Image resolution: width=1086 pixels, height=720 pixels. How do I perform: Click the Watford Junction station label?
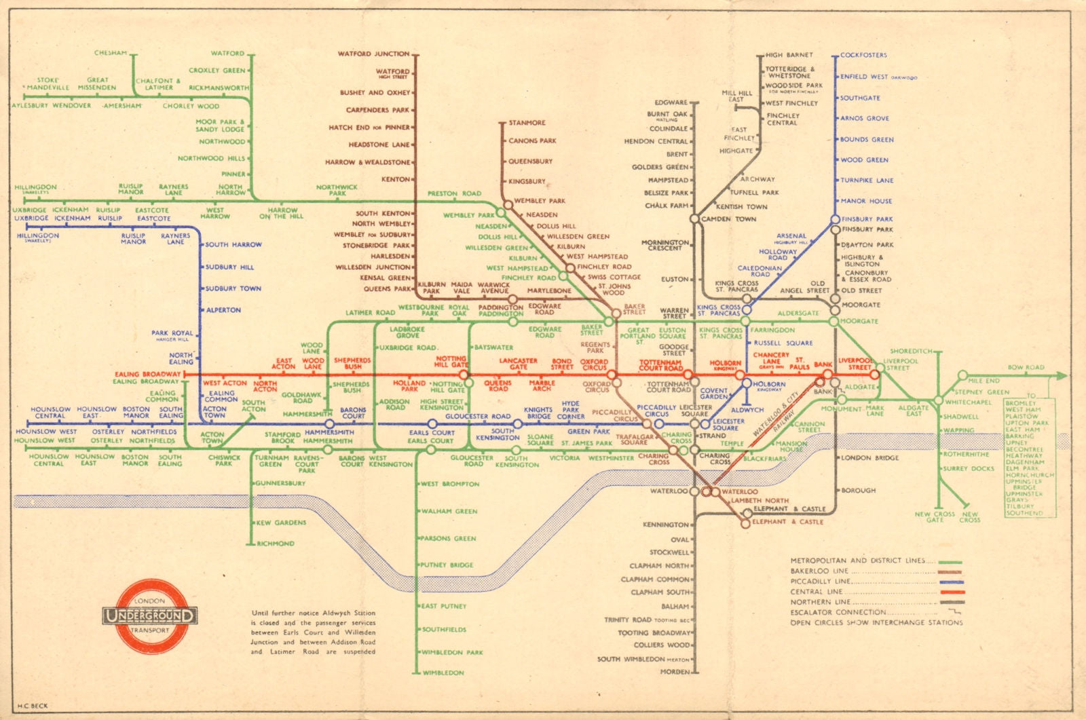(374, 54)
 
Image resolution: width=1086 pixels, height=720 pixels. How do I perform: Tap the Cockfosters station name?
(863, 55)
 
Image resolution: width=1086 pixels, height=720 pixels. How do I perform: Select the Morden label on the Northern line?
(675, 672)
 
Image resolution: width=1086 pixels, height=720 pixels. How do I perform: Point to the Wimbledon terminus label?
(443, 672)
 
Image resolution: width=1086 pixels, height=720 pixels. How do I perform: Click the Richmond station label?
(276, 544)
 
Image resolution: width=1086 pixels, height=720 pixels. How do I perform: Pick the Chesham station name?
(111, 53)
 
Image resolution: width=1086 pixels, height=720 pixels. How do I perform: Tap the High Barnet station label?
(789, 55)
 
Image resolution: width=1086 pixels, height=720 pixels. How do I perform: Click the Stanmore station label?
(527, 123)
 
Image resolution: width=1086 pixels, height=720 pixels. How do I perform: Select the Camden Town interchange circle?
(694, 219)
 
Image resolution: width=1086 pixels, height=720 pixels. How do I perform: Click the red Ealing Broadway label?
(148, 374)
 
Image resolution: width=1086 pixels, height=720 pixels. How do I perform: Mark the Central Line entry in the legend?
(816, 592)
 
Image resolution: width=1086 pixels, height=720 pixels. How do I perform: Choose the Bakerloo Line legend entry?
(819, 571)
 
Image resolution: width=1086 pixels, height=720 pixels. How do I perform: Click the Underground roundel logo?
(150, 615)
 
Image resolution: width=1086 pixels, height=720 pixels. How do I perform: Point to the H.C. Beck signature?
(33, 706)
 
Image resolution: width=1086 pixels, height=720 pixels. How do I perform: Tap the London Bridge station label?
(869, 458)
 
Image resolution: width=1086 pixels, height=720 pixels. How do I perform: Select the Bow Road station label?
(1026, 367)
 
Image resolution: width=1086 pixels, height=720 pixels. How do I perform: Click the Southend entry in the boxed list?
(1024, 513)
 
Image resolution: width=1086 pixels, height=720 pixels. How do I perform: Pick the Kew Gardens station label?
(281, 523)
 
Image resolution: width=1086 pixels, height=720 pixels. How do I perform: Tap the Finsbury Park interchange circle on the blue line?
(836, 219)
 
